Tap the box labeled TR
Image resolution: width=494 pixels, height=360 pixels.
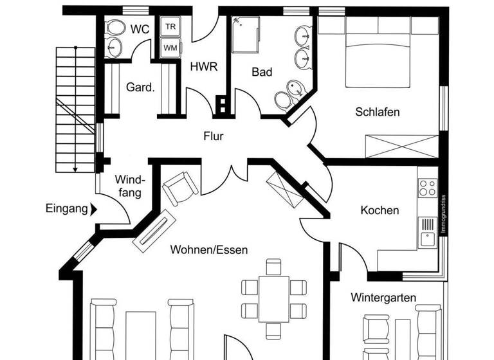click(170, 26)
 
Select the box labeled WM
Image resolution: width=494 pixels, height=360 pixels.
click(170, 47)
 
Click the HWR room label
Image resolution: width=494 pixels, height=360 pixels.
click(204, 66)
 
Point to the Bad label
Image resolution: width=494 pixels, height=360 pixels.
click(262, 72)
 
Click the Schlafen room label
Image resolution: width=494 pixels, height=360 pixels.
click(378, 112)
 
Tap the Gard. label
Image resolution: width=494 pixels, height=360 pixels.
click(140, 87)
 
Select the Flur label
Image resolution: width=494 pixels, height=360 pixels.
click(214, 136)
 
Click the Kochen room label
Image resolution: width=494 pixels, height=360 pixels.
click(380, 210)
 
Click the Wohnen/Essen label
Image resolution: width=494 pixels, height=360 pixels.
click(208, 249)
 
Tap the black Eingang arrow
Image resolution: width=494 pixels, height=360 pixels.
click(94, 208)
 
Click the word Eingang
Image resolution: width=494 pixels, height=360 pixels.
click(66, 208)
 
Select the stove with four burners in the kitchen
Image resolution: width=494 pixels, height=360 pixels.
click(427, 187)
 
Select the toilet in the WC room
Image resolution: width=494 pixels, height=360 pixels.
click(116, 28)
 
